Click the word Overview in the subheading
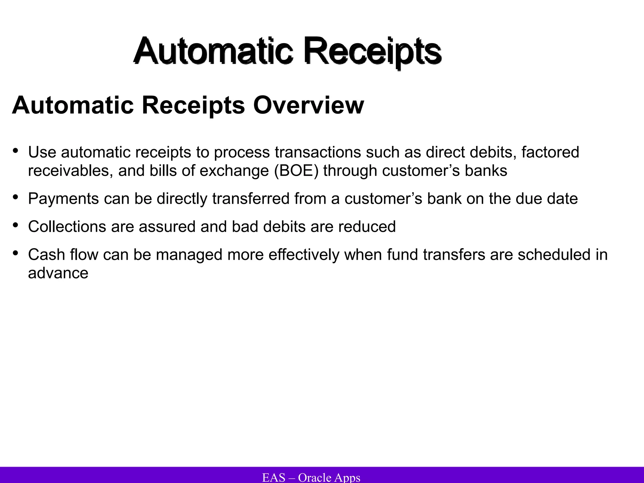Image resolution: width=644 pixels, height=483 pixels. click(308, 105)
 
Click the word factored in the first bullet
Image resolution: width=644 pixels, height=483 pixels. click(550, 152)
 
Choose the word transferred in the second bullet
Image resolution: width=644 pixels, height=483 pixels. click(251, 199)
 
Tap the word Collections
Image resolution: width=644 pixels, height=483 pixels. click(67, 227)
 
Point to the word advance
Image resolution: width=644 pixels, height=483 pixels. click(58, 273)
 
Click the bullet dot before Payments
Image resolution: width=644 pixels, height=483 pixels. click(15, 197)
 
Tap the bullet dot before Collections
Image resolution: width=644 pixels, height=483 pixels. click(15, 225)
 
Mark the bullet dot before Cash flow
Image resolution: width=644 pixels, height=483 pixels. click(15, 253)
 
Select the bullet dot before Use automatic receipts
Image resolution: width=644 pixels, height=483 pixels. click(15, 151)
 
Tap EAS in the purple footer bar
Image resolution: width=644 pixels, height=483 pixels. click(274, 477)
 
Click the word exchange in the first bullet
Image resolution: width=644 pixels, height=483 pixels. click(234, 171)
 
